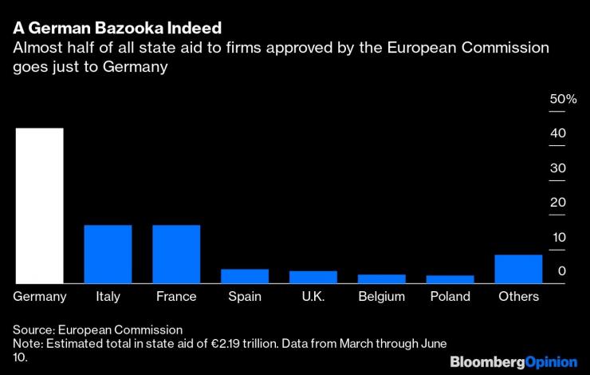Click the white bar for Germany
pos(39,205)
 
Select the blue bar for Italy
pos(108,254)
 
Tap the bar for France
pos(176,254)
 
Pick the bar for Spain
pos(245,275)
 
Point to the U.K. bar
pos(313,277)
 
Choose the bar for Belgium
pos(381,278)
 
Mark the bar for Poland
pos(450,279)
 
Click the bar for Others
pos(518,269)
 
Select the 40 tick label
pos(557,133)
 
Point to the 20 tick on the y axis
pos(557,203)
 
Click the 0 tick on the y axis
pos(561,272)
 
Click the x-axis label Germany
pos(40,297)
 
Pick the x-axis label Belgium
pos(381,297)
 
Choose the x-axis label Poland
pos(450,297)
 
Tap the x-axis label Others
pos(518,297)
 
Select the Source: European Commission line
pos(98,329)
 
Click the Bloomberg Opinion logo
pos(513,361)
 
